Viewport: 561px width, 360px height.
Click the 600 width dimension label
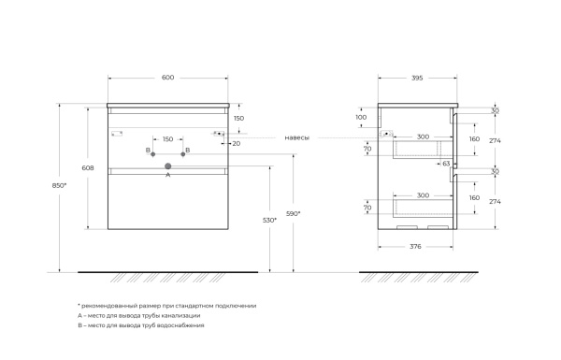(x=167, y=78)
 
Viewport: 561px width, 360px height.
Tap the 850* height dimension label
(x=60, y=185)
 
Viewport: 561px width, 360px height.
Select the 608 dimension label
(x=88, y=167)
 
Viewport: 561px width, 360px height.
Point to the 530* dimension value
(x=269, y=221)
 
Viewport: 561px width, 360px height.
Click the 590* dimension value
(x=294, y=213)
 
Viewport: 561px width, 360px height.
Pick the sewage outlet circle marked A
(x=167, y=166)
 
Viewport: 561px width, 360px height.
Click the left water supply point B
(x=152, y=154)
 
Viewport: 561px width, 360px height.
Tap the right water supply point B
(x=183, y=154)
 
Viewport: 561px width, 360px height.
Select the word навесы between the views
(x=297, y=137)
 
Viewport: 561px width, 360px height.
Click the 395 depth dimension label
(x=417, y=78)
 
